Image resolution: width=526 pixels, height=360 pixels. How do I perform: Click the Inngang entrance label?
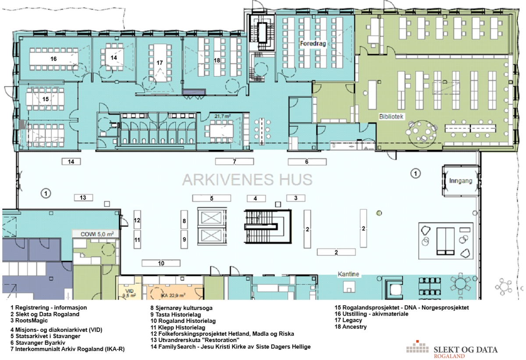click(461, 181)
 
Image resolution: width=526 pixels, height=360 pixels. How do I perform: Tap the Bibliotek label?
click(391, 116)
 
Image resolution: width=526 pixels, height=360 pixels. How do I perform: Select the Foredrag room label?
click(313, 43)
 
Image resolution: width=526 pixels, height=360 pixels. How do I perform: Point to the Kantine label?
click(348, 274)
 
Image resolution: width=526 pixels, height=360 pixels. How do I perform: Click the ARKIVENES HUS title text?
click(247, 180)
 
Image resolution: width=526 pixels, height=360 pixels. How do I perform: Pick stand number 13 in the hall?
click(83, 198)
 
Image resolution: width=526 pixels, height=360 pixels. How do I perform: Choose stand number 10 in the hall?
click(161, 263)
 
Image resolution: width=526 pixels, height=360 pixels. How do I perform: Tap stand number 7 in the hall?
click(235, 162)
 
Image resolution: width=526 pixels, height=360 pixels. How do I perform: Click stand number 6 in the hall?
click(307, 162)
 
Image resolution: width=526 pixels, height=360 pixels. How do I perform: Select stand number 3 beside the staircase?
click(296, 198)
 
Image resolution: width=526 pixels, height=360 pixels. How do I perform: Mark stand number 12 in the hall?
click(137, 220)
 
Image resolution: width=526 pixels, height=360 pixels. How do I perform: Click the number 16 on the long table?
click(53, 59)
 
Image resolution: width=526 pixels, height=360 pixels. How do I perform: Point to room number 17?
click(160, 63)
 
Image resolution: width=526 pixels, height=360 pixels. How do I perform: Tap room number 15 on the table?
click(46, 99)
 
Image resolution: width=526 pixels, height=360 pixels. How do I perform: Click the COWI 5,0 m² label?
click(97, 234)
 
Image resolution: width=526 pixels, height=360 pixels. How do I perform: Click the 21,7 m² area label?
click(222, 116)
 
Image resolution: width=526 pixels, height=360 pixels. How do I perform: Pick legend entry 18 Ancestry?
click(351, 327)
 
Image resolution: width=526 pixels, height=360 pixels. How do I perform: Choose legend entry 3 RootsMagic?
click(29, 321)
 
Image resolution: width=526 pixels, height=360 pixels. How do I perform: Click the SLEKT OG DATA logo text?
click(466, 350)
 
